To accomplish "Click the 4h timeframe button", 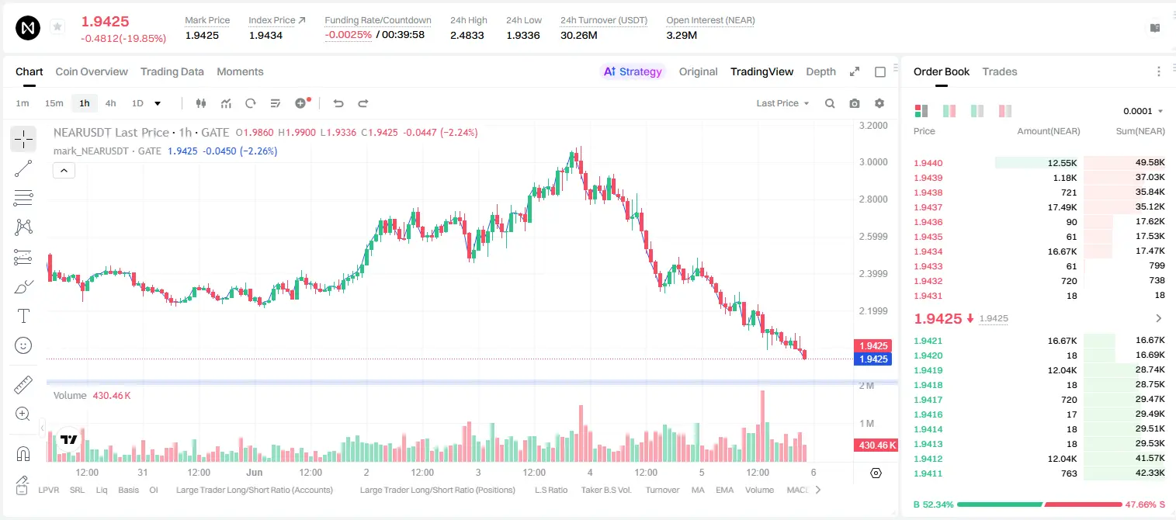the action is pos(110,103).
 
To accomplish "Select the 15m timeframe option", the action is pos(54,103).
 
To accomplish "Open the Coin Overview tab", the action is pos(92,71).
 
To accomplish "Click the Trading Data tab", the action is pos(172,71).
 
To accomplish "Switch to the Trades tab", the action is pos(999,71).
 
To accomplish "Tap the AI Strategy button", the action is pos(633,71).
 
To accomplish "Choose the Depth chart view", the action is pos(820,71).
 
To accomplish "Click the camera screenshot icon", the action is pos(854,103).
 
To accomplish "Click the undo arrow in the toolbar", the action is pos(338,103).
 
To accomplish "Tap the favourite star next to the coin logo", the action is pos(57,26).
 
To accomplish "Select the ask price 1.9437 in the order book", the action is pos(928,207).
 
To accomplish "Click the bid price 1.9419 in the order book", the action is pos(928,370).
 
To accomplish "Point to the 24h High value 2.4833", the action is pos(467,35).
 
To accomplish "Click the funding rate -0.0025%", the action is pos(348,35).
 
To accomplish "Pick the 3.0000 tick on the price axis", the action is pos(873,162).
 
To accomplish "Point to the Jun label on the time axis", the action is pos(254,472).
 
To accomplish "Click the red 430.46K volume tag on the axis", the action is pos(876,445).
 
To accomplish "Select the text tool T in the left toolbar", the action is pos(23,316).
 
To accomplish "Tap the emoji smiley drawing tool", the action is pos(23,345).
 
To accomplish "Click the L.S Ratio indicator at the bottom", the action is pos(550,490).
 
